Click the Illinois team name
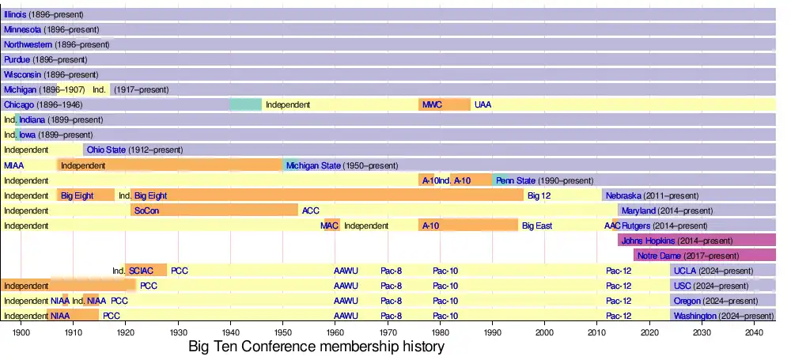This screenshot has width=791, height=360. [15, 15]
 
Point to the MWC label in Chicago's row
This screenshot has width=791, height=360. [432, 105]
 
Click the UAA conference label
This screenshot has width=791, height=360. [483, 105]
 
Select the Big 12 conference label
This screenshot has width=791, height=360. [539, 195]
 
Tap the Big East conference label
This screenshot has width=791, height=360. [536, 225]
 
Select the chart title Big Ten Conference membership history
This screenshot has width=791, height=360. [316, 347]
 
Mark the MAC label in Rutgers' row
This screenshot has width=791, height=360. [330, 225]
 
